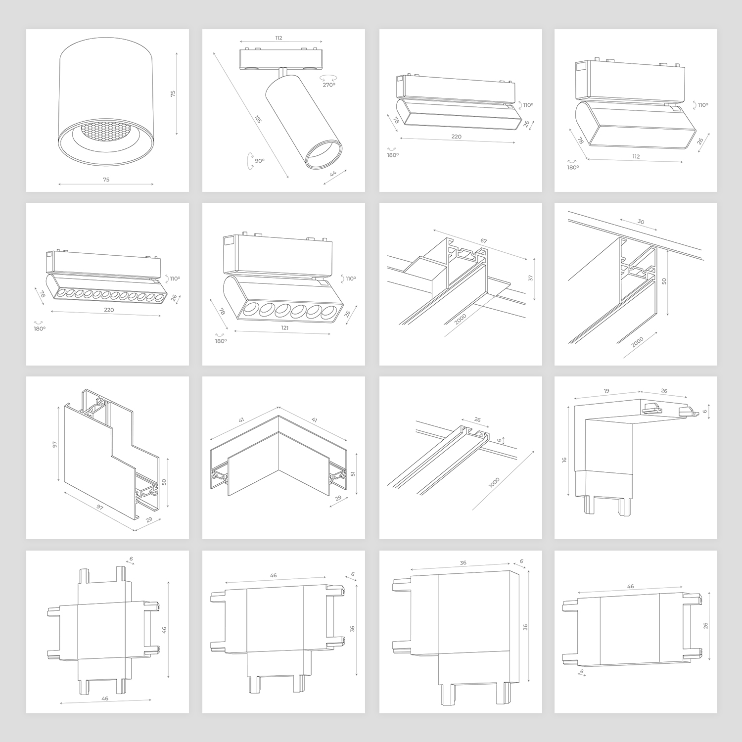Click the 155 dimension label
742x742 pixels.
(x=258, y=119)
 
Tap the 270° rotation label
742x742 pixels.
(x=329, y=85)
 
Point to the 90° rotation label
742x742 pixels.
(x=260, y=161)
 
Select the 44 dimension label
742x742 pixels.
(x=333, y=173)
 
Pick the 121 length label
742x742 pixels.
(x=284, y=327)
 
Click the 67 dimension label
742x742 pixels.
(x=483, y=241)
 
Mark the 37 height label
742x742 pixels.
(x=530, y=278)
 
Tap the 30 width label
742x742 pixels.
(x=641, y=222)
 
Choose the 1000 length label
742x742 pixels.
(x=494, y=483)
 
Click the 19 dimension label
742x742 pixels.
(x=606, y=391)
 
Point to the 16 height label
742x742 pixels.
(x=564, y=460)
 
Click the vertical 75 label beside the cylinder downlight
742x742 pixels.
(x=173, y=93)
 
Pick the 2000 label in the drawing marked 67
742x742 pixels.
(x=460, y=320)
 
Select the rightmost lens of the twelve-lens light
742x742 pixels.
(x=158, y=298)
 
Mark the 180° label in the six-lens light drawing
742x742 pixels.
(x=221, y=341)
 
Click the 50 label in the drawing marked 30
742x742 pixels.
(x=664, y=281)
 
